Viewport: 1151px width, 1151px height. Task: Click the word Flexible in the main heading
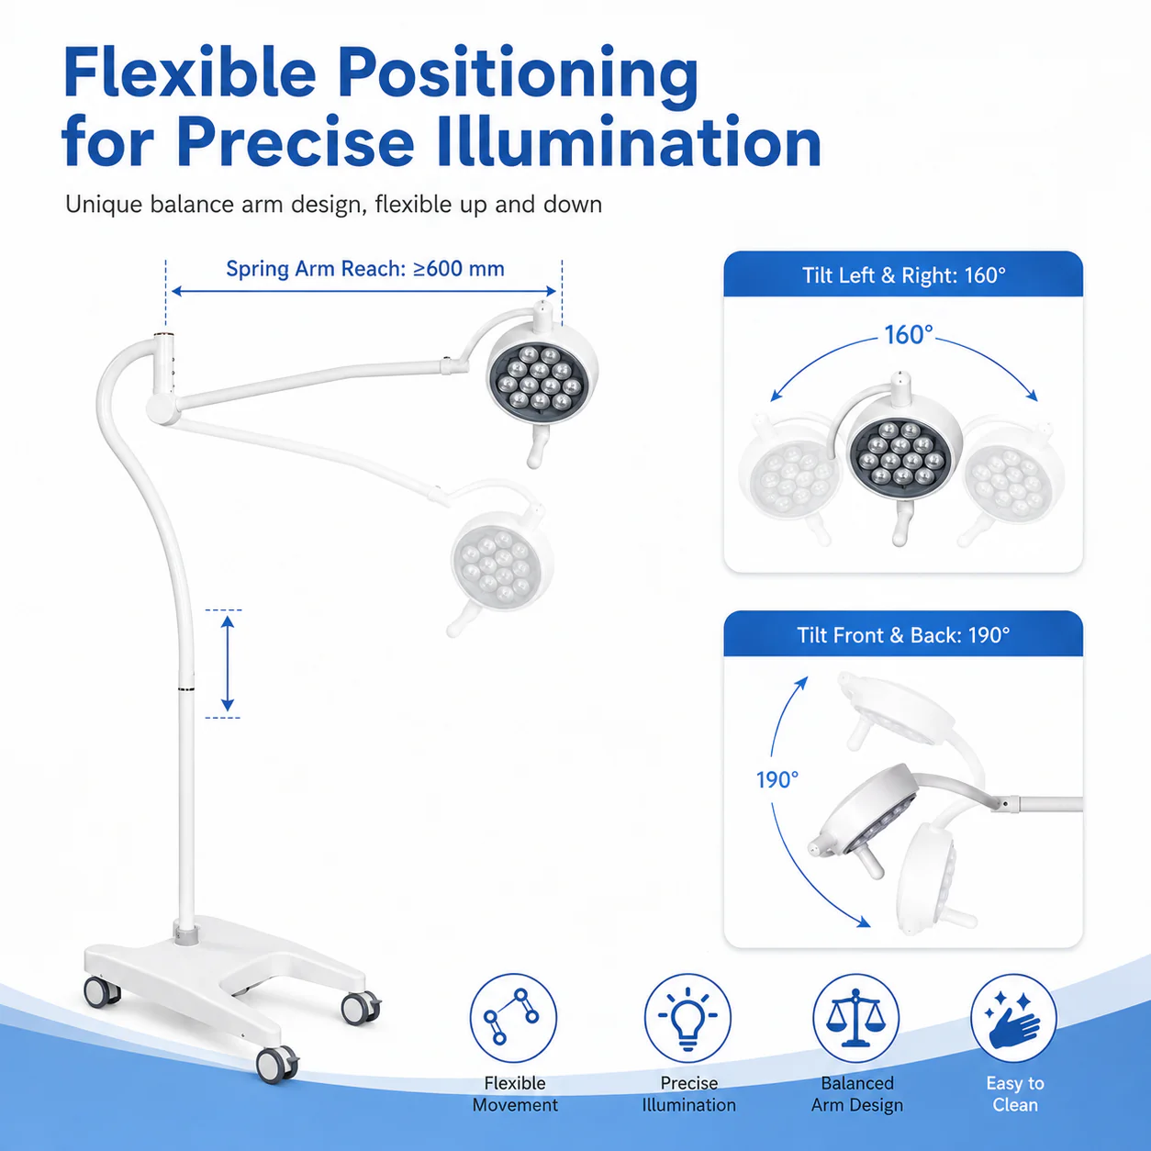coord(189,72)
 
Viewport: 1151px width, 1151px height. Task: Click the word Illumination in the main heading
coord(630,143)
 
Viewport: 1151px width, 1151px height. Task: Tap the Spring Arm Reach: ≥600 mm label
coord(365,269)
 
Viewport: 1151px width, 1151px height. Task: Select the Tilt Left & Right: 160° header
coord(903,275)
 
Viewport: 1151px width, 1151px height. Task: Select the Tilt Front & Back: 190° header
coord(903,635)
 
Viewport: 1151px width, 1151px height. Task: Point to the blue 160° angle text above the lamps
coord(909,335)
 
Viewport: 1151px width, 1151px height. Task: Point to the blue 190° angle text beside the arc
coord(777,780)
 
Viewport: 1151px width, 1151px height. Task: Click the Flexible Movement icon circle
coord(513,1018)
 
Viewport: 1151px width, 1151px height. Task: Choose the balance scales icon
coord(855,1018)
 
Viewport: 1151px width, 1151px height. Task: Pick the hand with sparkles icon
coord(1013,1019)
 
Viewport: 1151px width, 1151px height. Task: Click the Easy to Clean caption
coord(1015,1094)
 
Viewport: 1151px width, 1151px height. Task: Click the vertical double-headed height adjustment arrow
coord(227,664)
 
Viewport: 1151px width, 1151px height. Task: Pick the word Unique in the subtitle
coord(104,205)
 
